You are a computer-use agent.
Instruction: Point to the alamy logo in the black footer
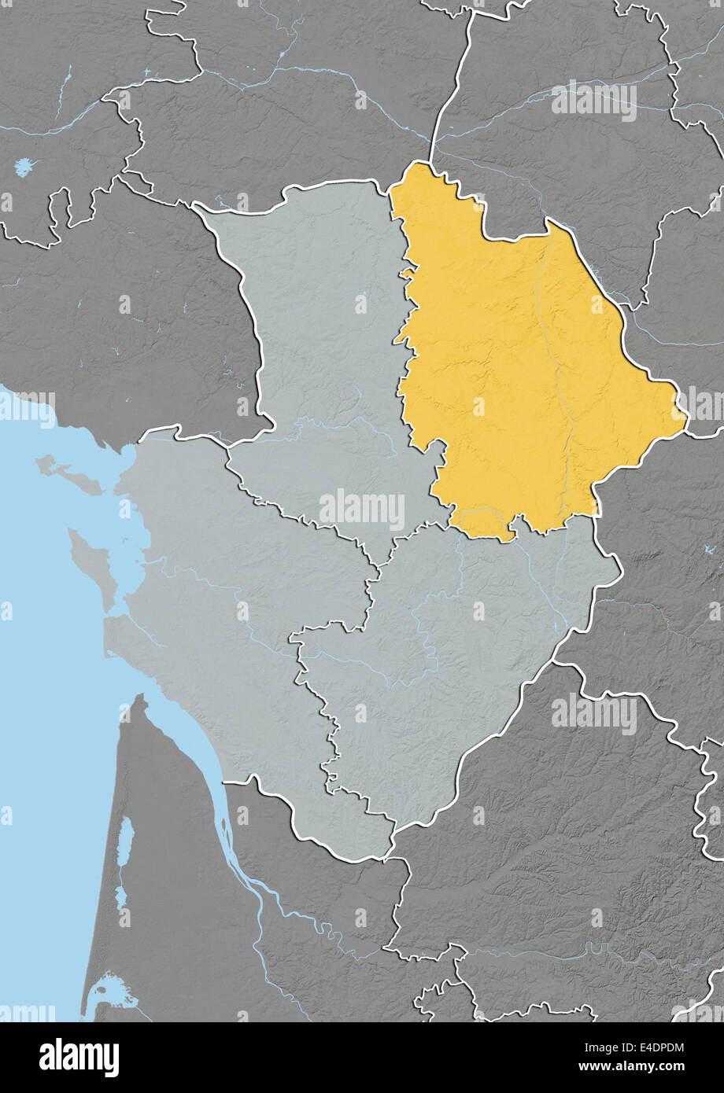point(79,1057)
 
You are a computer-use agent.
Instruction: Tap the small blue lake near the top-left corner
point(24,167)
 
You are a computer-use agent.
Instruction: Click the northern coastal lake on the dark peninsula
point(125,841)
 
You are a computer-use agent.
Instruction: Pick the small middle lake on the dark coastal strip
point(121,896)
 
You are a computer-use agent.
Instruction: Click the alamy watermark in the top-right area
point(593,101)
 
